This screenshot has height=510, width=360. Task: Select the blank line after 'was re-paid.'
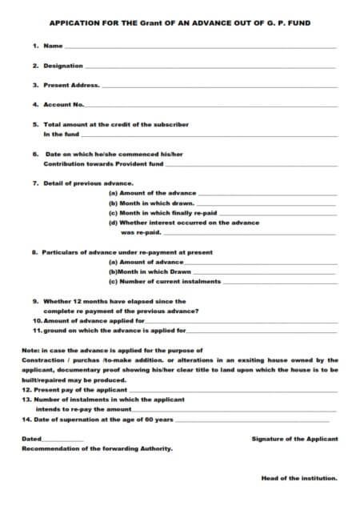coord(249,234)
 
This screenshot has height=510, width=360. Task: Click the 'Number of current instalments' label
coord(164,282)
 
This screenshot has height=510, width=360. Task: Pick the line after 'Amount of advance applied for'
coord(241,322)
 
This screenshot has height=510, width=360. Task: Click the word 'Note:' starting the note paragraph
coord(32,350)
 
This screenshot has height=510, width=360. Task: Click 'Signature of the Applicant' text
coord(294,439)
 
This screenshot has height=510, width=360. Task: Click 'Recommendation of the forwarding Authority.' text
coord(96,448)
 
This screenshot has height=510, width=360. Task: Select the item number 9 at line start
coord(35,301)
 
